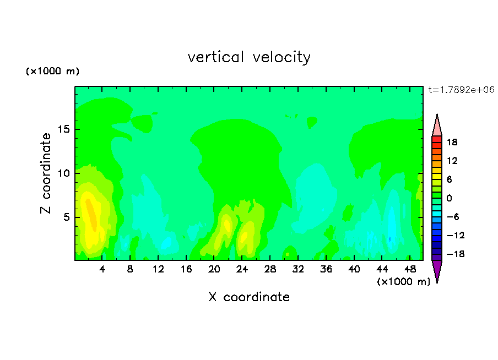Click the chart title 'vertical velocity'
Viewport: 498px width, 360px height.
pyautogui.click(x=249, y=57)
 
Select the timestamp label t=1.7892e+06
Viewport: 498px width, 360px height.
pyautogui.click(x=461, y=90)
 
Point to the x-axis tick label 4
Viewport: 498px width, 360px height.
pyautogui.click(x=102, y=270)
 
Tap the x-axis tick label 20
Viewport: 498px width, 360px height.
pyautogui.click(x=214, y=270)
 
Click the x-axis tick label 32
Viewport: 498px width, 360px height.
pyautogui.click(x=298, y=270)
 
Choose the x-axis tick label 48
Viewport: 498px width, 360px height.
pyautogui.click(x=410, y=270)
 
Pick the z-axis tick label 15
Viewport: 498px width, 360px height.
pyautogui.click(x=64, y=129)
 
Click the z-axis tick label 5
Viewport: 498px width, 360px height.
pyautogui.click(x=66, y=217)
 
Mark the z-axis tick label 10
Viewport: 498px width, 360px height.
pyautogui.click(x=64, y=173)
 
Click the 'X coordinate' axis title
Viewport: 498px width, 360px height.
pyautogui.click(x=249, y=297)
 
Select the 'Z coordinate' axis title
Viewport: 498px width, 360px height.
pyautogui.click(x=46, y=173)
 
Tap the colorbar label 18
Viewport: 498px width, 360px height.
pyautogui.click(x=452, y=142)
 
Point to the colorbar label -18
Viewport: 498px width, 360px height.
pyautogui.click(x=456, y=254)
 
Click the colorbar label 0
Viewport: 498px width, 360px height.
pyautogui.click(x=449, y=198)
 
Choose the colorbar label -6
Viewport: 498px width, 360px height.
pyautogui.click(x=453, y=217)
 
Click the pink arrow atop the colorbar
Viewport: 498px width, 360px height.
pyautogui.click(x=437, y=126)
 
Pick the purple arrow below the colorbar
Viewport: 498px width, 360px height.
pyautogui.click(x=437, y=270)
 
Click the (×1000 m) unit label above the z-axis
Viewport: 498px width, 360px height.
pyautogui.click(x=52, y=71)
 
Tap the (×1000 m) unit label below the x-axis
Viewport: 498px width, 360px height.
pyautogui.click(x=403, y=282)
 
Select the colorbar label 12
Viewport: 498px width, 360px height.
pyautogui.click(x=452, y=161)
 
